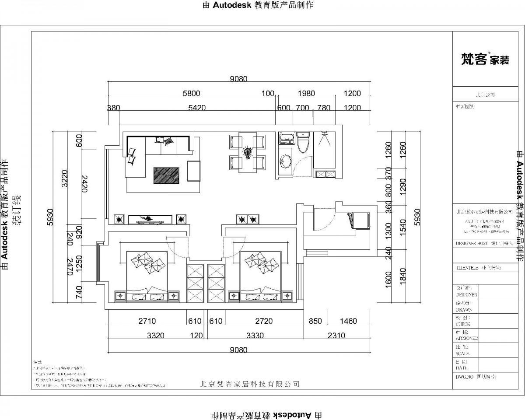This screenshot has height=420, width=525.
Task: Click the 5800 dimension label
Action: point(191,93)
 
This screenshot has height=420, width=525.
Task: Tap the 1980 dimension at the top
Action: point(306,93)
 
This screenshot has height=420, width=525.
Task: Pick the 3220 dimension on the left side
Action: point(64,178)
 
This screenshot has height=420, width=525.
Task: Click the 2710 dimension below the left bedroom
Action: point(147,321)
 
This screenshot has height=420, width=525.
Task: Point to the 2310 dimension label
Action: point(336,336)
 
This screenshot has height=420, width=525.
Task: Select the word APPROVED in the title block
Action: point(467,338)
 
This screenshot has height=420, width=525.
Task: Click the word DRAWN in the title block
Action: point(464,309)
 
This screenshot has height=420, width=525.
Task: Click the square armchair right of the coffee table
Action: point(194,171)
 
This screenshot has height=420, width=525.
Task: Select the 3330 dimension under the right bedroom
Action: point(255,336)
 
